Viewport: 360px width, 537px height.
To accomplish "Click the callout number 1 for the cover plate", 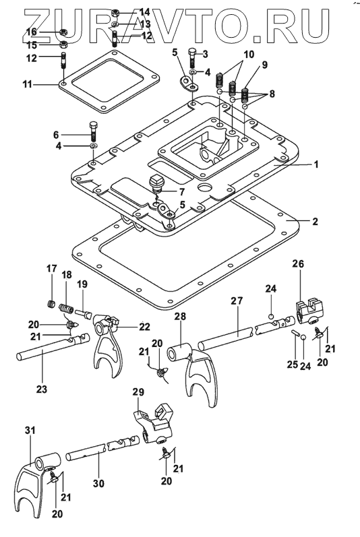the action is [x=316, y=164].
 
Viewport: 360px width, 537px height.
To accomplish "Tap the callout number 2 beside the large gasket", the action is [x=315, y=221].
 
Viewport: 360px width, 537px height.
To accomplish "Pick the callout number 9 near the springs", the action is [x=265, y=65].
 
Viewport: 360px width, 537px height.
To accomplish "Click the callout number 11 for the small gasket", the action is [x=27, y=84].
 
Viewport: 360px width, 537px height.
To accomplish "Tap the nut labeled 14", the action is [x=115, y=14].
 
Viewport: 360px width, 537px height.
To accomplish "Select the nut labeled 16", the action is [x=63, y=32].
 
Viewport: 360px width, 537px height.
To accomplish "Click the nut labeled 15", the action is [x=63, y=44].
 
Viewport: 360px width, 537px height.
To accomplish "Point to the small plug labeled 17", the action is [x=51, y=303].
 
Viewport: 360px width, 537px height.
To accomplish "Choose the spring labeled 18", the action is [x=66, y=308].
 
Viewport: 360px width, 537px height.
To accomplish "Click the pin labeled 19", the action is [x=82, y=313].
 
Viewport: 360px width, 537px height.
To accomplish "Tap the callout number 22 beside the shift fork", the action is [x=144, y=327].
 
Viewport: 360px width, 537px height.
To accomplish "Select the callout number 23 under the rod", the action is [x=42, y=389].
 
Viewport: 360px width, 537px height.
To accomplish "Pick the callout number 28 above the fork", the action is [x=180, y=316].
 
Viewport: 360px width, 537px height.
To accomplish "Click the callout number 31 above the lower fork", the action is [x=30, y=430].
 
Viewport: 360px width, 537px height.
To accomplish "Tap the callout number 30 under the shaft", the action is [x=98, y=483].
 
